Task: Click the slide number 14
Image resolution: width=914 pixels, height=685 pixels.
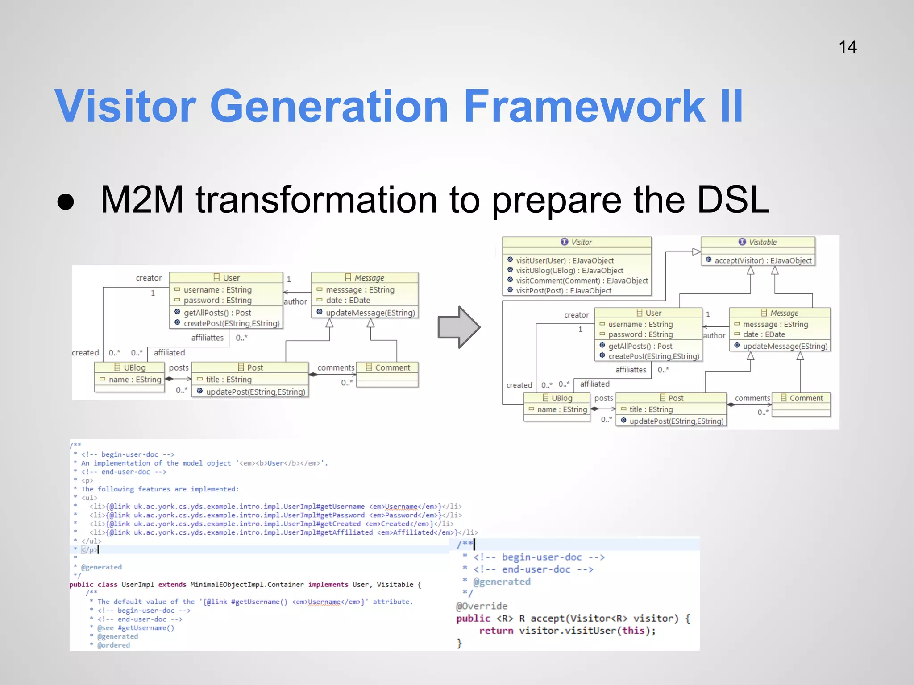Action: (x=847, y=47)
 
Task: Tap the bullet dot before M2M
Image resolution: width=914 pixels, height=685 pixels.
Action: (x=66, y=202)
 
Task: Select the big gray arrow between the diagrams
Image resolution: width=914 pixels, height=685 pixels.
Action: (x=458, y=327)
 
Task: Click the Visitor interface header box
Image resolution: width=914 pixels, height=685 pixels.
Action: (x=577, y=242)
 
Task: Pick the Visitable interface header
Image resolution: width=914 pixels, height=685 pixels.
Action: (x=758, y=242)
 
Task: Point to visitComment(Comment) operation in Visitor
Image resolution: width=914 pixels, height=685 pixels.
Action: (x=582, y=281)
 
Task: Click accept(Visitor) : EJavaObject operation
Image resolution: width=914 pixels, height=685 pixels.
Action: (x=763, y=260)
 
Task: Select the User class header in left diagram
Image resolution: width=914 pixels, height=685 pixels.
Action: (x=226, y=278)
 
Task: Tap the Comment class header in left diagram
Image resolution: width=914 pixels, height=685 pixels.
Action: (x=387, y=367)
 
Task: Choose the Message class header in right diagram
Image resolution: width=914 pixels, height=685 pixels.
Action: (x=780, y=313)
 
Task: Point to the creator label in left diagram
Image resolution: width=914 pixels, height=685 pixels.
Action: (x=149, y=278)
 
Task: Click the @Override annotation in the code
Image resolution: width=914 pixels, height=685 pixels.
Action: (x=482, y=606)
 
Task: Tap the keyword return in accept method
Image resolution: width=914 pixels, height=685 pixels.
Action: (x=496, y=631)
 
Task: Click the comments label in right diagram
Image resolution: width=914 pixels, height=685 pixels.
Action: (x=752, y=398)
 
